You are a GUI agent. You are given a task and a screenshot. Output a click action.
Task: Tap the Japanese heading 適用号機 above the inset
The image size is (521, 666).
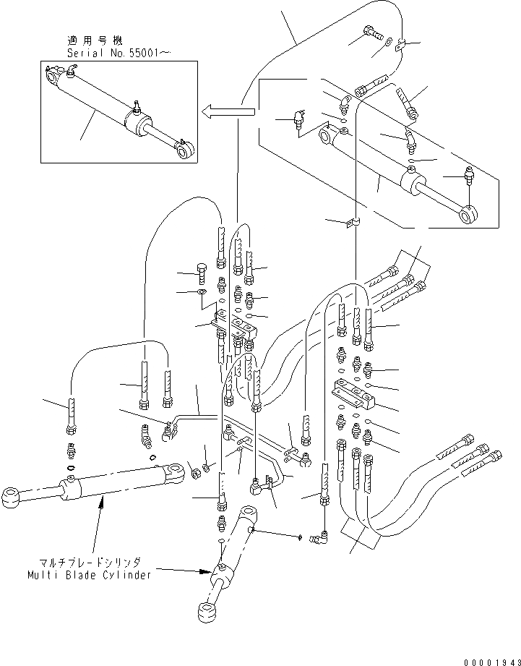[x=89, y=41]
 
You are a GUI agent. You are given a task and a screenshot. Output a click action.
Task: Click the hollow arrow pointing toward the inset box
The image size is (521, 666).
[x=228, y=111]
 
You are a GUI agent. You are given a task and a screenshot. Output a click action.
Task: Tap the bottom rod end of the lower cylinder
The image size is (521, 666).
[x=207, y=610]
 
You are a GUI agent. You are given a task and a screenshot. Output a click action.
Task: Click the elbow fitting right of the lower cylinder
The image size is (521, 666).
[x=317, y=536]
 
